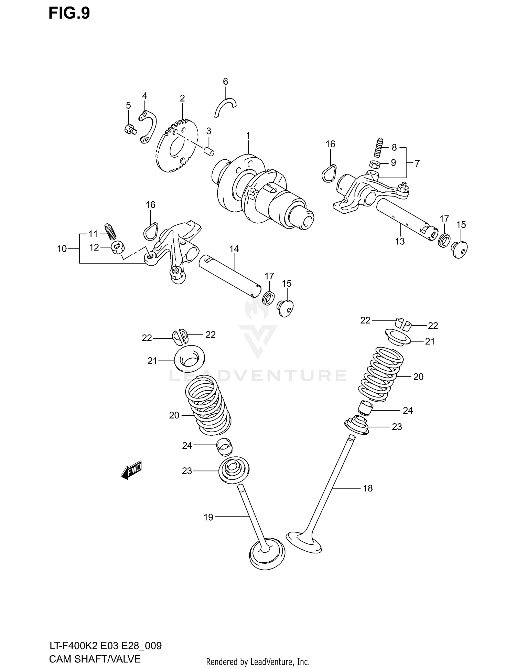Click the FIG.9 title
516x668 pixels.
click(69, 13)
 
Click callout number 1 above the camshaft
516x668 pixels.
click(248, 136)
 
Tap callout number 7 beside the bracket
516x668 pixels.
click(417, 163)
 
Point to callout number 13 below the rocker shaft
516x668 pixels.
click(400, 241)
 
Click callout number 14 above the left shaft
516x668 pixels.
click(234, 249)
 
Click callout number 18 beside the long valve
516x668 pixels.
click(367, 488)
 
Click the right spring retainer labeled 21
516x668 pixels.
click(398, 337)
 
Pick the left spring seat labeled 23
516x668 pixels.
click(234, 469)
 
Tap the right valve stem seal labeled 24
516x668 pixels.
click(366, 407)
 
